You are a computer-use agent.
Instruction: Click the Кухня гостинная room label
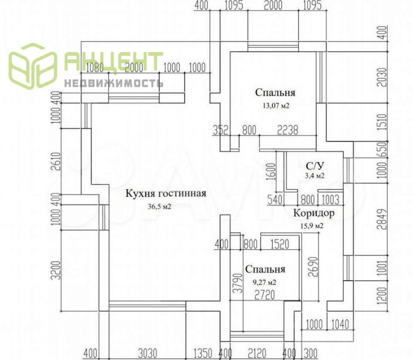click(x=166, y=193)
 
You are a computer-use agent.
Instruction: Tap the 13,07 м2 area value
click(x=275, y=105)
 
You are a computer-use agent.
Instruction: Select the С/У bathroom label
click(x=314, y=166)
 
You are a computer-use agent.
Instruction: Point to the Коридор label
click(x=314, y=213)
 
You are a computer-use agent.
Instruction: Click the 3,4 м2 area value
click(x=315, y=176)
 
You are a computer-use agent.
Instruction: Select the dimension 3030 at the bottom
click(x=147, y=353)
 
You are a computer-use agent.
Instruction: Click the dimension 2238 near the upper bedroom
click(x=287, y=130)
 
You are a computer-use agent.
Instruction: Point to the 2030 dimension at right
click(x=383, y=77)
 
